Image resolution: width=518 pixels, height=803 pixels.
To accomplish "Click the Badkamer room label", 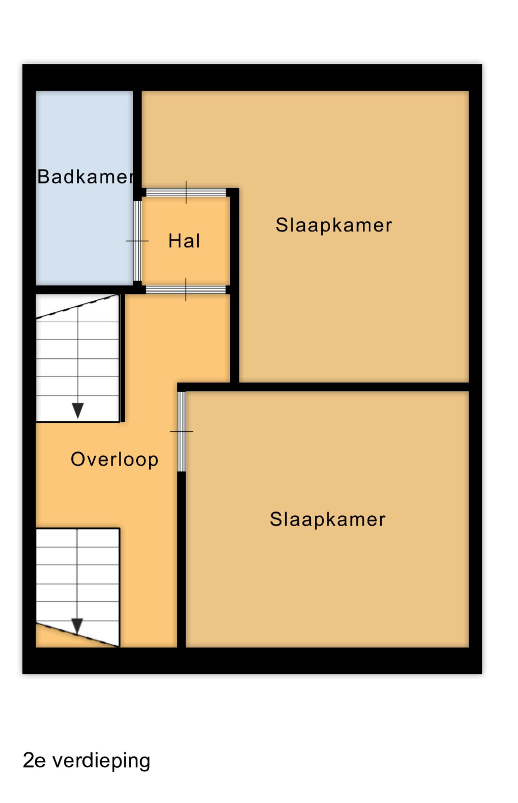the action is pos(85,177).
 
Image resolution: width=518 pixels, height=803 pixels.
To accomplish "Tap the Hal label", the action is pos(184,241).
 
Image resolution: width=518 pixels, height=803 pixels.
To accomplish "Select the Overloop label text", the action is pos(115,460).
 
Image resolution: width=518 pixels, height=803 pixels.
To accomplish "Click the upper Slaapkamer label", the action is pos(334,226).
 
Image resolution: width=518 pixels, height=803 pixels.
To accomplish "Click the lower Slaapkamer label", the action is pos(328,519).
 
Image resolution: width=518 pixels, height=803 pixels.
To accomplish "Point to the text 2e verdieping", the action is pos(86,761).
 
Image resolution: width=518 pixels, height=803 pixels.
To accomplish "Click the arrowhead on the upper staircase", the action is pos(78,410).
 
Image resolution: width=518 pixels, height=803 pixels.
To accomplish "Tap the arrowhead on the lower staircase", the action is pos(77,626).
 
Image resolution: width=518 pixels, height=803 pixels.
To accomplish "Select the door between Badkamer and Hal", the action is pos(137,241).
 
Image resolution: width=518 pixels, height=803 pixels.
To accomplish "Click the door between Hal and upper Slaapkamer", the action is pos(186,192).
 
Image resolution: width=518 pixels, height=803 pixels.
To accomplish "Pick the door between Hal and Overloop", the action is pos(186,289).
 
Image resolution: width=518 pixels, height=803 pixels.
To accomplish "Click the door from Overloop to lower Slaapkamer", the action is pos(181,432).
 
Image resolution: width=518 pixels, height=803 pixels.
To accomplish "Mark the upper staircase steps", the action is pos(78,358).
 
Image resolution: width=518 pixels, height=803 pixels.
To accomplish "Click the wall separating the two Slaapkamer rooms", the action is pos(353,387).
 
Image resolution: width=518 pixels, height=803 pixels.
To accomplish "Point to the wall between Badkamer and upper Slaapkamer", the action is pos(137,143).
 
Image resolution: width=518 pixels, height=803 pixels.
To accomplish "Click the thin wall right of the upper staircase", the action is pos(122,358).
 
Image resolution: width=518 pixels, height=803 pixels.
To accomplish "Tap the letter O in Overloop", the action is pos(78,459).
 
